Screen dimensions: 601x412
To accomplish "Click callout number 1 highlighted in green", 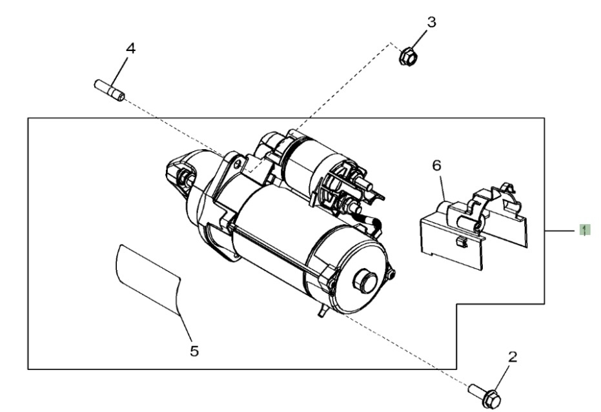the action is coord(584,230).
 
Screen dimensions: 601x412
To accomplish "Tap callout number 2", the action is coord(513,357).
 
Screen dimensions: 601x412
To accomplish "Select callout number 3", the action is coord(432,22).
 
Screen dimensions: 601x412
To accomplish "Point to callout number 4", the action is coord(130,48).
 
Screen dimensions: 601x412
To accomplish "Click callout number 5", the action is coord(194,351).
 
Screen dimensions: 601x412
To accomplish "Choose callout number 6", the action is coord(436,165).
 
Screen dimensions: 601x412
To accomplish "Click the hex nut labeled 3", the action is coord(408,57).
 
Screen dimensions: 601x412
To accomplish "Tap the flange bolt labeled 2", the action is coord(485,396).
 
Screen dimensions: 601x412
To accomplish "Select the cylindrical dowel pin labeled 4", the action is coord(110,90).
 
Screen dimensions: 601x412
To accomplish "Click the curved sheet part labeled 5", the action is coord(148,279).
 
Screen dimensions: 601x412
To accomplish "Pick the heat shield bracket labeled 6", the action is coord(473,226).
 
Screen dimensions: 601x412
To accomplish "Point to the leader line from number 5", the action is coord(185,327).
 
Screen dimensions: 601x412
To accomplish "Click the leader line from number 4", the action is coord(119,70).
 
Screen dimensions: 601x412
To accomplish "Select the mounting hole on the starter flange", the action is coord(238,164).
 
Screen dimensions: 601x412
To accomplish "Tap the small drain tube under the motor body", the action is coord(322,309).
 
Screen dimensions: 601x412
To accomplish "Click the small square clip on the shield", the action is coord(461,241).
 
